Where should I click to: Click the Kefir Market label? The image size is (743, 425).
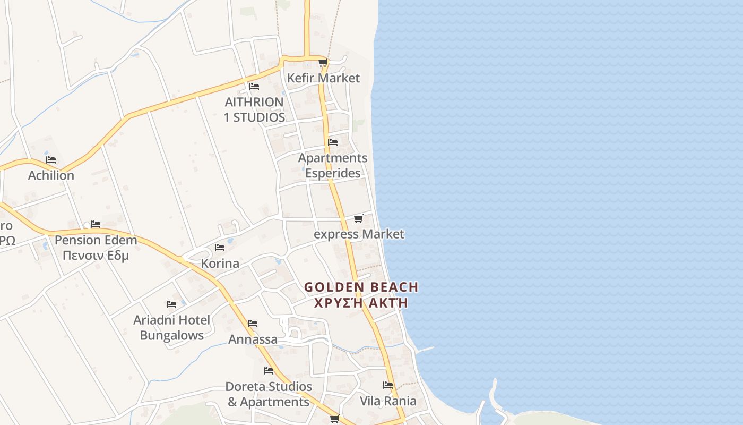point(323,78)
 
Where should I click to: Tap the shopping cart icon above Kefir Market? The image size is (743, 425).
point(323,63)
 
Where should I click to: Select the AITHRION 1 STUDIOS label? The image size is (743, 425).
point(254,109)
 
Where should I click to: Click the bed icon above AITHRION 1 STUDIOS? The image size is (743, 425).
point(254,86)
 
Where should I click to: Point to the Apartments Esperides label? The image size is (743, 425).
point(333,165)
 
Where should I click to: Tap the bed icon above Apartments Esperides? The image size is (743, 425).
point(333,142)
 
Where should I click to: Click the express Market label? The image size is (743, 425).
point(359,234)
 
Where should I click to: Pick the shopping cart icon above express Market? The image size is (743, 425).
point(359,218)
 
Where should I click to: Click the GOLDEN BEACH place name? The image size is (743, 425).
point(361,287)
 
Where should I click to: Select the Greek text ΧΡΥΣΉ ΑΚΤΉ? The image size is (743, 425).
point(361,303)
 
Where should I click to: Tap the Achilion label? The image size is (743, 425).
point(51,175)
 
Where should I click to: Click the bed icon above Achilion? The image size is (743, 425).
point(51,159)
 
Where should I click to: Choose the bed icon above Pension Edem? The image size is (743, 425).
point(96,224)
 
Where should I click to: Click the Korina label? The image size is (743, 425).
point(220,263)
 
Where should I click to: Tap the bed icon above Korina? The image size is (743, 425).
point(220,248)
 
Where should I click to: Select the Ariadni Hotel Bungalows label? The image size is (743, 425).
point(171,328)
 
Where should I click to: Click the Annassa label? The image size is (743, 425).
point(253,339)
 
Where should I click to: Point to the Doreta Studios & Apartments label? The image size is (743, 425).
point(269,394)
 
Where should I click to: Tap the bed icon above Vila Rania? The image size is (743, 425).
point(388,385)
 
